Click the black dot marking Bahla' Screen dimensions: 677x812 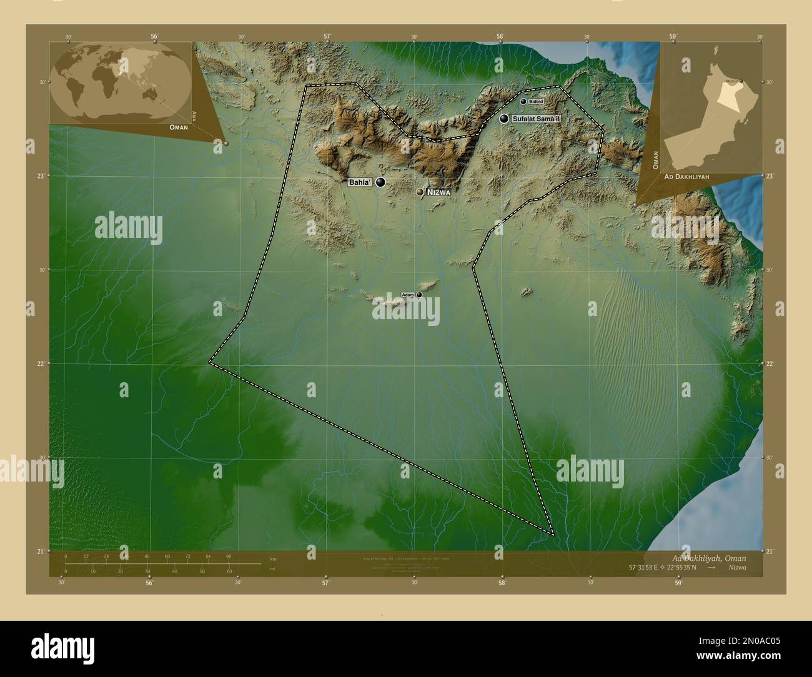380,182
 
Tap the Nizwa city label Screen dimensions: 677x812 438,194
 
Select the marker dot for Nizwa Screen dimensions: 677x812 420,192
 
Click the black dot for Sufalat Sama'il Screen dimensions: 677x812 503,118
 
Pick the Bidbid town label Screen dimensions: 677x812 537,101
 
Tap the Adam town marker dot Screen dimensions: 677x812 419,295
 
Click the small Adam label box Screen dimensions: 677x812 408,294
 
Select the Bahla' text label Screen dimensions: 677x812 359,182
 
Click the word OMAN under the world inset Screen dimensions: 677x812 179,127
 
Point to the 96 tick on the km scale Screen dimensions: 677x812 228,556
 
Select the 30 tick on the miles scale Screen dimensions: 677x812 147,571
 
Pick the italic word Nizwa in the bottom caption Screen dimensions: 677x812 736,568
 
